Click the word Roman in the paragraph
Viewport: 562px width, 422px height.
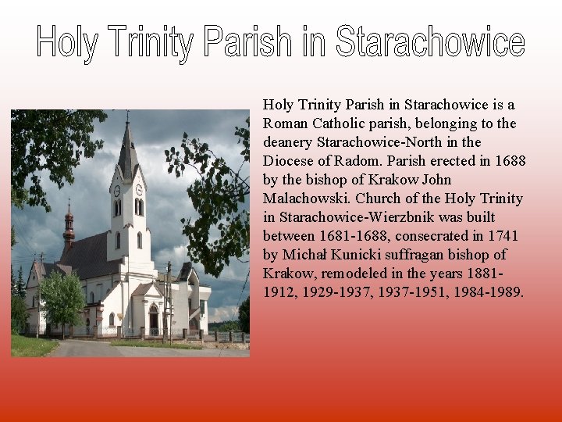click(x=285, y=123)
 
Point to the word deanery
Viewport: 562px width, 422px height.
click(x=288, y=141)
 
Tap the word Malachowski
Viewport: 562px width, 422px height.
click(x=301, y=198)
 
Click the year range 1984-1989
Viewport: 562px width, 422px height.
click(x=493, y=291)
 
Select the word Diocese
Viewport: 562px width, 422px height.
click(x=289, y=160)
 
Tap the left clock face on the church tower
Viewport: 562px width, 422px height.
click(x=117, y=190)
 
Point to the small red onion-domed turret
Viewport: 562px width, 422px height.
click(x=69, y=223)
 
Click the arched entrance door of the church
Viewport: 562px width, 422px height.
click(x=154, y=320)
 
